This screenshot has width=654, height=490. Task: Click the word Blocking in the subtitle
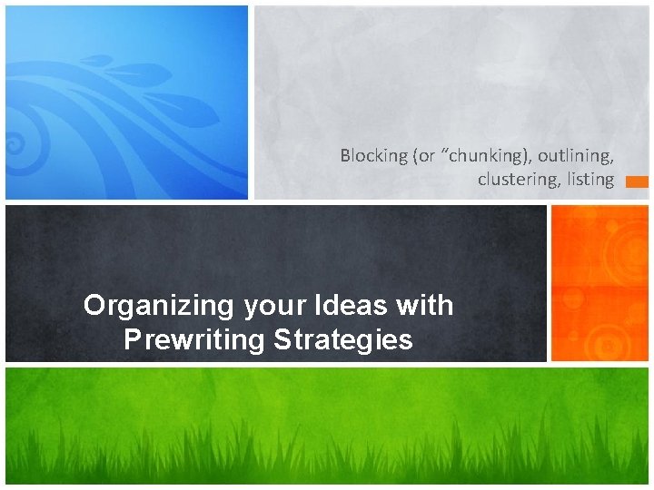click(374, 156)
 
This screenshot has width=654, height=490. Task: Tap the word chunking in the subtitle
click(481, 156)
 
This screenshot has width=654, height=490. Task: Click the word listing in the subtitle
click(590, 180)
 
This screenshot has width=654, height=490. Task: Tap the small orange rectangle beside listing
click(637, 181)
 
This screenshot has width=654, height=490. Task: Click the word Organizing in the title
click(159, 306)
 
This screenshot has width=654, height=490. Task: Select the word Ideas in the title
click(352, 306)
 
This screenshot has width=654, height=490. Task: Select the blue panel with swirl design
click(126, 102)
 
